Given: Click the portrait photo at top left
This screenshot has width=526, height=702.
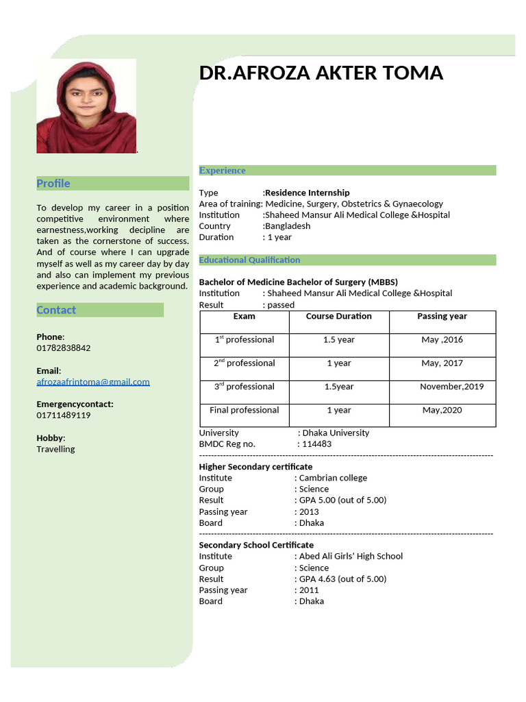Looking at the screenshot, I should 86,106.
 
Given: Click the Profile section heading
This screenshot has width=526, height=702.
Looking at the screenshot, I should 53,183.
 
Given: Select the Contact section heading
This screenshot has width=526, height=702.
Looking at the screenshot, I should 56,310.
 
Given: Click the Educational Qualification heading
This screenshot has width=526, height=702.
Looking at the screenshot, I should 249,260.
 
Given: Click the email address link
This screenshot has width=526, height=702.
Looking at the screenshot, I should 93,382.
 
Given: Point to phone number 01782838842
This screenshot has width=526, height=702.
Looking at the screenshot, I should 64,348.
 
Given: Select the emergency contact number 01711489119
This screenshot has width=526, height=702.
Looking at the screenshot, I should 64,415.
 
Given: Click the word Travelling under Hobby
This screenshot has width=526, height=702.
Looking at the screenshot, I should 55,449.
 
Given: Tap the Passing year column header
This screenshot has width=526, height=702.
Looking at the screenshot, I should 442,316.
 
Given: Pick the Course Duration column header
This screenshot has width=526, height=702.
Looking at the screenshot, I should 338,316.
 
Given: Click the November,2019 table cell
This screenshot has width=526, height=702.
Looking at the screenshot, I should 451,387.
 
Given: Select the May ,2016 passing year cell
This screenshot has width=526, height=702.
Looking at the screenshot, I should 442,340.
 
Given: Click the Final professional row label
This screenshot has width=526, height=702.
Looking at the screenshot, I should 244,410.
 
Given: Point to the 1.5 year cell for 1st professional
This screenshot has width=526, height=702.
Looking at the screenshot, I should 338,340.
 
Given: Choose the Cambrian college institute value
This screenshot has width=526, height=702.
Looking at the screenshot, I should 333,478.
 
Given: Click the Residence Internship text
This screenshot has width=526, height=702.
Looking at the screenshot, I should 308,193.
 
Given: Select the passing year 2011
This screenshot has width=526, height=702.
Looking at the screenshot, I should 309,590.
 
